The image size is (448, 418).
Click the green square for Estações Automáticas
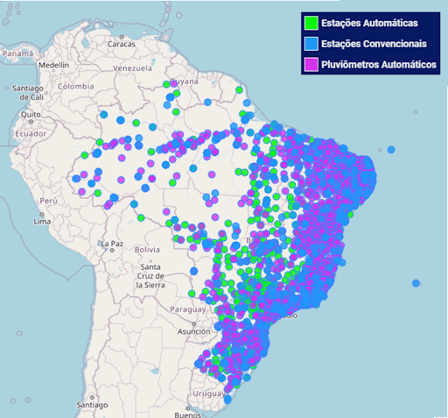coord(311,22)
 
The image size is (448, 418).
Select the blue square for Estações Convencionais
coord(311,43)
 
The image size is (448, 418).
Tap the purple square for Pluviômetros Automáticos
coord(311,64)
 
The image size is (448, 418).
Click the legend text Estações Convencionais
coord(374,43)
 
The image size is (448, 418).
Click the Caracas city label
coord(122,44)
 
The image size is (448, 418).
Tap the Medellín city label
coord(53,66)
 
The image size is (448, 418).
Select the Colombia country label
coord(75,87)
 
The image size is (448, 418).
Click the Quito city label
coord(31,115)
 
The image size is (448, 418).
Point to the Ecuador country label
coord(30,133)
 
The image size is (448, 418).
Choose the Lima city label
coord(41,221)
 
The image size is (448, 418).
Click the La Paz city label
coord(112,243)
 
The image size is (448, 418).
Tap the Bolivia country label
coord(147,250)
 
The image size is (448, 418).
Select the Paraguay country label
coord(187,310)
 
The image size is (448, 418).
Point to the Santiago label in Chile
coord(91,405)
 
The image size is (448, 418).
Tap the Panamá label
coord(17,53)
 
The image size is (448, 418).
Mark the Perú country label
coord(47,201)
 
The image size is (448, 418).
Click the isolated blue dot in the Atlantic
coord(416,283)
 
